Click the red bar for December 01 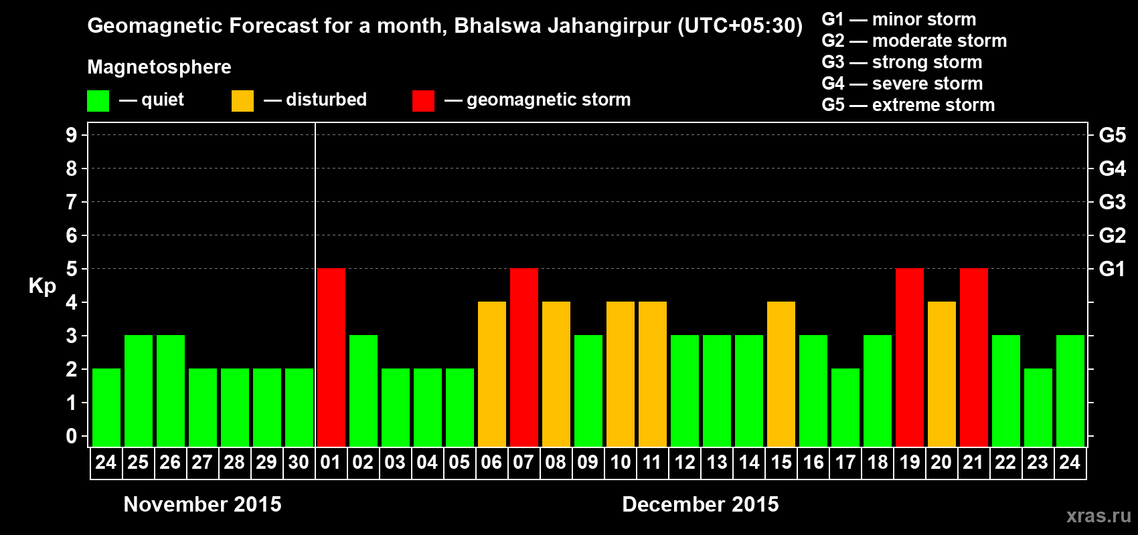tap(331, 357)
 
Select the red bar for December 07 tap(524, 357)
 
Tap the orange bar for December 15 tap(781, 374)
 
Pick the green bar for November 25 tap(139, 391)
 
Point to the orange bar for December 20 tap(942, 374)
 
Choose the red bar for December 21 tap(974, 357)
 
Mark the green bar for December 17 tap(845, 407)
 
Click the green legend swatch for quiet tap(98, 101)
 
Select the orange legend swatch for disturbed tap(243, 101)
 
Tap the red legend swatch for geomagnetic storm tap(423, 101)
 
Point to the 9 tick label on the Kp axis tap(72, 135)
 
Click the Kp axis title tap(42, 286)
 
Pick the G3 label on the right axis tap(1112, 202)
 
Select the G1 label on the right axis tap(1112, 269)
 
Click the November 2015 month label tap(203, 504)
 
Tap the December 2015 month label tap(700, 504)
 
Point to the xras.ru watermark tap(1099, 516)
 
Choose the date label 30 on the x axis tap(299, 462)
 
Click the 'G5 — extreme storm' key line tap(908, 105)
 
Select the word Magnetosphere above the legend tap(159, 67)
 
